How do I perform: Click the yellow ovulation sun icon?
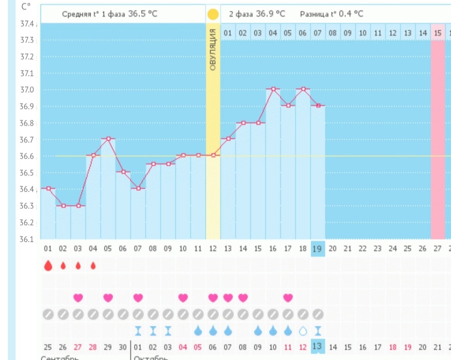(213, 14)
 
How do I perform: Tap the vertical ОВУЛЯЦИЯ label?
(213, 50)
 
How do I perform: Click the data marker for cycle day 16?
(273, 89)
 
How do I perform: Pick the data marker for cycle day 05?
(108, 139)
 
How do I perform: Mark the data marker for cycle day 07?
(138, 189)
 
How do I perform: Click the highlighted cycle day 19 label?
(318, 248)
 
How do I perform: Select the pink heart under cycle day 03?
(78, 298)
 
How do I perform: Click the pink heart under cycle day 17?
(288, 298)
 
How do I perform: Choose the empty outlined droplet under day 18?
(303, 331)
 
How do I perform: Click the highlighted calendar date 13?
(318, 346)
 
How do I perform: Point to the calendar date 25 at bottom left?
(48, 347)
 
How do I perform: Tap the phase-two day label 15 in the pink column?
(437, 33)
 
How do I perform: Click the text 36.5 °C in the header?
(143, 14)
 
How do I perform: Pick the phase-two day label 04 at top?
(273, 33)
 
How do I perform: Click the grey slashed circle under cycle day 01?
(48, 314)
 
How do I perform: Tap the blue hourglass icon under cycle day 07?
(138, 331)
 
